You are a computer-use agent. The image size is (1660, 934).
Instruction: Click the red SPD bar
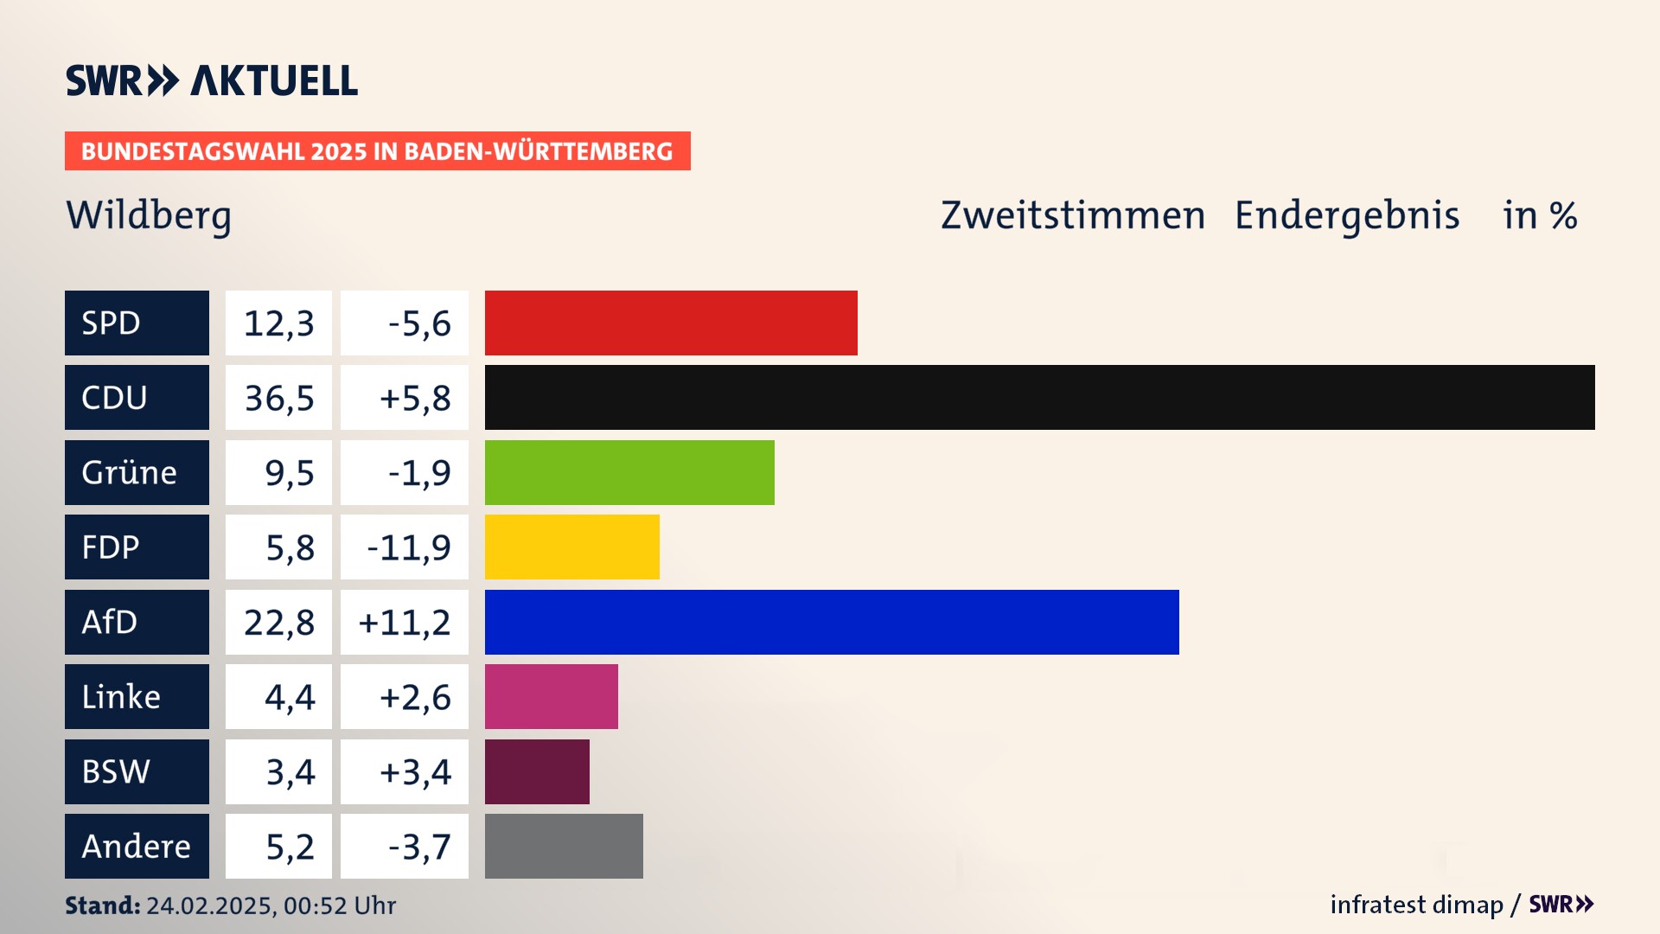click(x=671, y=323)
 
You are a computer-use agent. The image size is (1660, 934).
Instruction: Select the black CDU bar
click(x=1039, y=397)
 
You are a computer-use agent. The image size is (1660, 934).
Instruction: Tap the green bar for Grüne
click(x=629, y=472)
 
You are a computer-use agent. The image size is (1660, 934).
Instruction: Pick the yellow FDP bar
click(x=571, y=547)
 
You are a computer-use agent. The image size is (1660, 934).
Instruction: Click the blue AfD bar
click(x=832, y=622)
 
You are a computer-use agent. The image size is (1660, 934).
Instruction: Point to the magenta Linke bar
click(x=551, y=696)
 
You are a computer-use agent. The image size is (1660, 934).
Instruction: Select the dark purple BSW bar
click(x=537, y=771)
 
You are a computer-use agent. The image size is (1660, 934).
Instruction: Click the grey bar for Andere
click(x=564, y=846)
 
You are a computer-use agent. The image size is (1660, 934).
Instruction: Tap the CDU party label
click(x=137, y=397)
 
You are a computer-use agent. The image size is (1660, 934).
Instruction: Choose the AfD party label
click(x=137, y=622)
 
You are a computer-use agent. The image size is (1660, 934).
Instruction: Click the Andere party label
click(x=137, y=846)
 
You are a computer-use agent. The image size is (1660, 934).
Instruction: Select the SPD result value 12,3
click(x=278, y=323)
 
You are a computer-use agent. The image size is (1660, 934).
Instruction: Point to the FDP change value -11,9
click(x=408, y=547)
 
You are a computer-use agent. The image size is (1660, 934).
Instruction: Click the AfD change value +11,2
click(x=405, y=622)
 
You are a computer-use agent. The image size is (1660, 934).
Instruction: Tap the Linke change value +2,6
click(x=415, y=696)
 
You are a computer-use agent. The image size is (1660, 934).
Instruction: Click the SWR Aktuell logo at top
click(x=212, y=80)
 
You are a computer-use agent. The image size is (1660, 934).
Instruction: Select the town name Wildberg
click(x=149, y=215)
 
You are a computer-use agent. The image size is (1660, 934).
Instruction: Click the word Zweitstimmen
click(x=1072, y=215)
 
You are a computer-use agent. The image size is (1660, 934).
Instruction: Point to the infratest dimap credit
click(x=1416, y=905)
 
